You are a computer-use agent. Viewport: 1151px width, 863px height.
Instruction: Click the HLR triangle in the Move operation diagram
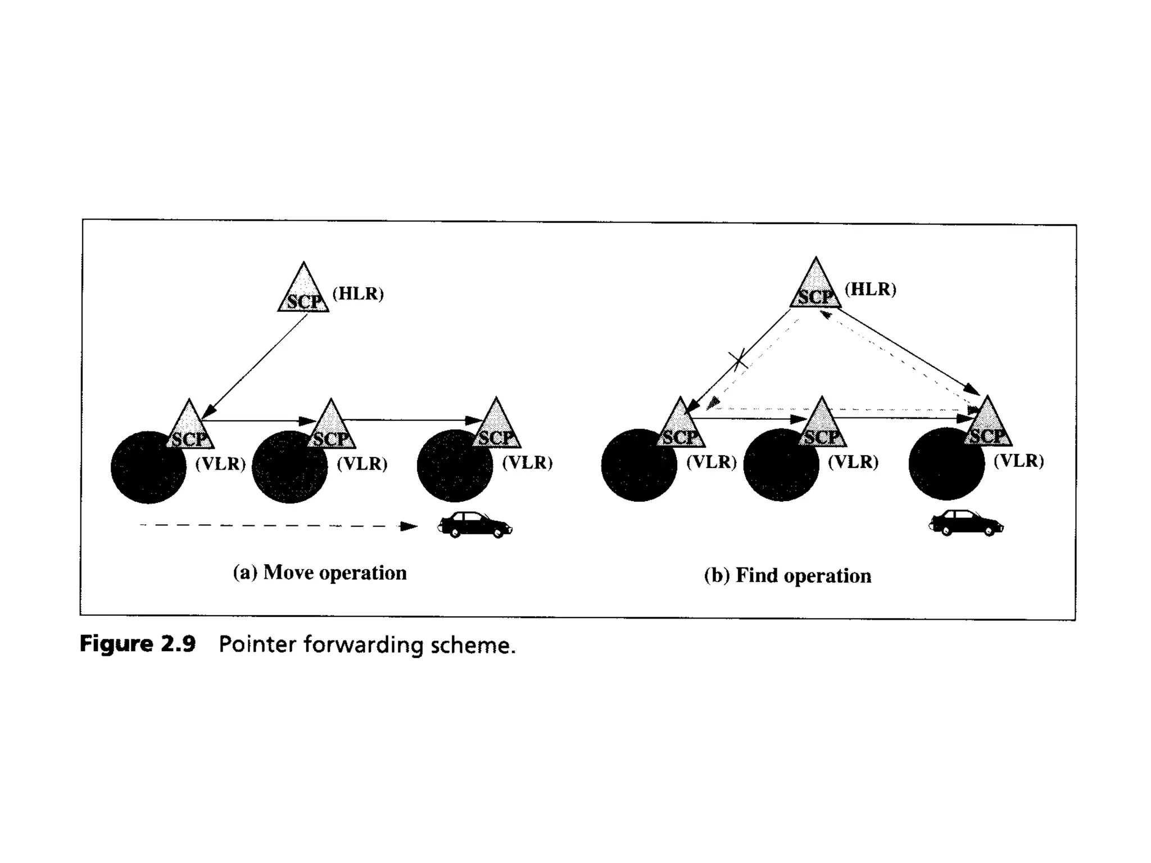(303, 291)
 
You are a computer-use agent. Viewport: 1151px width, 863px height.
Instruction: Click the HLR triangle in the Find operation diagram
(815, 287)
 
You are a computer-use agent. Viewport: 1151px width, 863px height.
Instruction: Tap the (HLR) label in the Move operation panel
(358, 293)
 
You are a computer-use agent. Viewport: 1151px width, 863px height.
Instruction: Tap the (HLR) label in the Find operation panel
(871, 289)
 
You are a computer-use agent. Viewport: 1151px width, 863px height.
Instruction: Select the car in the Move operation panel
(475, 524)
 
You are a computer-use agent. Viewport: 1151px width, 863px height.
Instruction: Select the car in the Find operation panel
(966, 523)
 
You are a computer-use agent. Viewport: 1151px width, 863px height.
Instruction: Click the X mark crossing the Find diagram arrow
(738, 358)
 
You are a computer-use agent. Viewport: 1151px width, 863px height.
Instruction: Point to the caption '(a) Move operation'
(320, 573)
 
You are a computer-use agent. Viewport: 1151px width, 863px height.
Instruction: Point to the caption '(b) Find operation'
(787, 575)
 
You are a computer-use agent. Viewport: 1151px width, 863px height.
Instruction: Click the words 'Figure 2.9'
(138, 644)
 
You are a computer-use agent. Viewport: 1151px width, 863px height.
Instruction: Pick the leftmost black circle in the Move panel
(148, 467)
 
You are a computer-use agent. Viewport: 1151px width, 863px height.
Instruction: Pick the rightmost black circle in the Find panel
(946, 464)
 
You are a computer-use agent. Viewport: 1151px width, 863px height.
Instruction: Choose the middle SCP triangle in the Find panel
(822, 426)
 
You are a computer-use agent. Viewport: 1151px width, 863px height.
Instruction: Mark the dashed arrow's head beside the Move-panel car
(409, 526)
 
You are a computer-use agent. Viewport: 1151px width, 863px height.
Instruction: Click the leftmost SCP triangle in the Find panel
(680, 426)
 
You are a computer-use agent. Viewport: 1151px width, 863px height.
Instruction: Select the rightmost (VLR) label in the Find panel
(1018, 461)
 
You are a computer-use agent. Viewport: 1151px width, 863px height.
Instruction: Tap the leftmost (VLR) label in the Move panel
(220, 464)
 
